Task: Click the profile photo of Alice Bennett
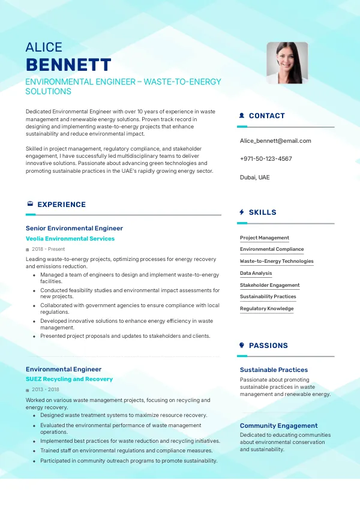click(287, 62)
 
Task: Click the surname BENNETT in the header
click(68, 65)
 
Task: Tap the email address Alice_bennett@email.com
click(275, 141)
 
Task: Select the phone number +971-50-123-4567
click(266, 159)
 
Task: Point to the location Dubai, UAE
click(255, 178)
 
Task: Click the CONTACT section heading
click(266, 116)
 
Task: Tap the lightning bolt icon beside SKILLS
click(242, 212)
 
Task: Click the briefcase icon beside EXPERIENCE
click(30, 205)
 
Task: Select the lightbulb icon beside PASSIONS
click(242, 346)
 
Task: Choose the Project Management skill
click(265, 238)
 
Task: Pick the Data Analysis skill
click(256, 274)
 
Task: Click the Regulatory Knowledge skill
click(267, 309)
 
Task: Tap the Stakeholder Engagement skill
click(270, 286)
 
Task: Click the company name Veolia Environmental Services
click(70, 239)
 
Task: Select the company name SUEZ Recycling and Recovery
click(69, 379)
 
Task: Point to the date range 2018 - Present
click(49, 249)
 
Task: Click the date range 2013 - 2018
click(46, 390)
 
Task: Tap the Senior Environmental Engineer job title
click(74, 229)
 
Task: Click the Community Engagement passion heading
click(279, 426)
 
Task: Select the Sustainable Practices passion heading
click(274, 370)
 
